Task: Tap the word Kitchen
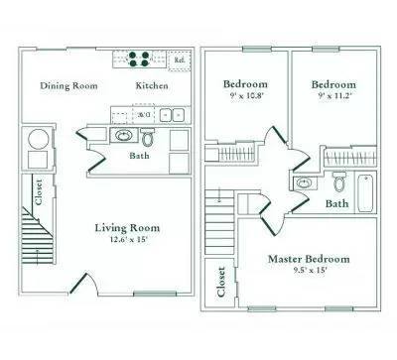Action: [x=151, y=85]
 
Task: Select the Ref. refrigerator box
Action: [x=180, y=60]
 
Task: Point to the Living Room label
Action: [x=127, y=227]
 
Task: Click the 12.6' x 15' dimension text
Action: [x=127, y=239]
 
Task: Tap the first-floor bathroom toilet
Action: [x=148, y=137]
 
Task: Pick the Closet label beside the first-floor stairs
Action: [x=39, y=188]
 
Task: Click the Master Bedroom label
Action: [x=309, y=259]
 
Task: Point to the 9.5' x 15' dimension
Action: [x=309, y=271]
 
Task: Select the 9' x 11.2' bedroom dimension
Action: [x=333, y=97]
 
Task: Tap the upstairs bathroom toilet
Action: [x=338, y=182]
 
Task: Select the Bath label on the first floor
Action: [x=139, y=156]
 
